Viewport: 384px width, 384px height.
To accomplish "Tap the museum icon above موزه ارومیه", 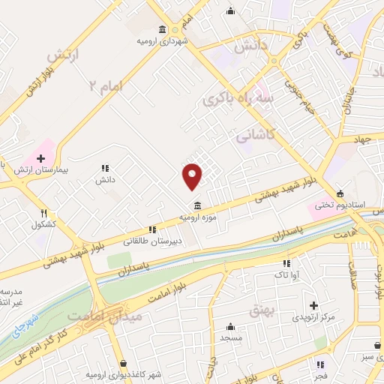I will coord(196,205).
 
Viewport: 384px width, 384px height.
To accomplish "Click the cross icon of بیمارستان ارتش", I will coord(41,159).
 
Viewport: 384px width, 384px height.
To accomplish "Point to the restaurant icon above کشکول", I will coord(43,214).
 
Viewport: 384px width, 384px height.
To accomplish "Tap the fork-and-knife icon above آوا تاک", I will coord(286,263).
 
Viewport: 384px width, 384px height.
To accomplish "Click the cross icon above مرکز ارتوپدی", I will coord(313,305).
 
